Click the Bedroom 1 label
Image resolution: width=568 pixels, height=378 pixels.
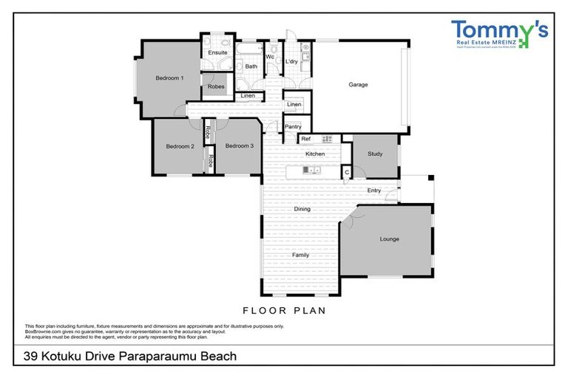pyautogui.click(x=169, y=78)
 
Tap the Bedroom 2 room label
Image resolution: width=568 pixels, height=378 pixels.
pyautogui.click(x=180, y=146)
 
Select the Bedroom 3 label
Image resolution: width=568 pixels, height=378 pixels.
pyautogui.click(x=240, y=146)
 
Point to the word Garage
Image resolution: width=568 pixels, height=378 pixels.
pyautogui.click(x=358, y=84)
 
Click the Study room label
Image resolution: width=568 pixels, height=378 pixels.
pyautogui.click(x=375, y=154)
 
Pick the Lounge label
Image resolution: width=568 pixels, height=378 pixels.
pyautogui.click(x=390, y=238)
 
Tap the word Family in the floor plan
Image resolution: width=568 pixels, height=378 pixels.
pyautogui.click(x=300, y=255)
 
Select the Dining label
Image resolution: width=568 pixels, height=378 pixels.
pyautogui.click(x=302, y=209)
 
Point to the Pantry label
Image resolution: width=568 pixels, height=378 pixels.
pyautogui.click(x=292, y=127)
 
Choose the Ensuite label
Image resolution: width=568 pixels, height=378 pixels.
pyautogui.click(x=217, y=53)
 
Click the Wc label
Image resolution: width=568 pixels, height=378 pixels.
pyautogui.click(x=270, y=56)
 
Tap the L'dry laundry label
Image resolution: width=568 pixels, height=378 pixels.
pyautogui.click(x=291, y=61)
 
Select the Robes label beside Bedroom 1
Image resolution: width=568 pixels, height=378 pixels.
pyautogui.click(x=216, y=86)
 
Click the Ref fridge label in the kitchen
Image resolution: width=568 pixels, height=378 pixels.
pyautogui.click(x=305, y=139)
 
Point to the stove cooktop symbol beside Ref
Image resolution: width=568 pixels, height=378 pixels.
pyautogui.click(x=326, y=139)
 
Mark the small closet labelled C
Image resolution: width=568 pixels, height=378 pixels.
pyautogui.click(x=346, y=172)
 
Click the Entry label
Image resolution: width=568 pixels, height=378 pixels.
pyautogui.click(x=374, y=190)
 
